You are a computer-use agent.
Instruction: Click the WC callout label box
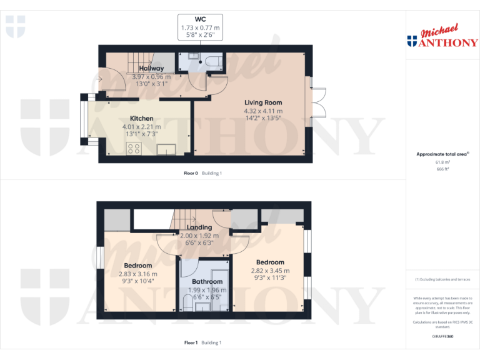(200, 28)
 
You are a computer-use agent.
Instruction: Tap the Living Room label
(263, 102)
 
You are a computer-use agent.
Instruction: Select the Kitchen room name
(141, 118)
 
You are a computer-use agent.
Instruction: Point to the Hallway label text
(151, 68)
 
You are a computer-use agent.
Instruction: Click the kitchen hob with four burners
(134, 148)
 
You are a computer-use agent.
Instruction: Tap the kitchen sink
(167, 148)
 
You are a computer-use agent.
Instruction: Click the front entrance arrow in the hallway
(100, 79)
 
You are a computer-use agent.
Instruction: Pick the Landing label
(199, 227)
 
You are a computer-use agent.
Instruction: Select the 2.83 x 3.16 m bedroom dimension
(138, 274)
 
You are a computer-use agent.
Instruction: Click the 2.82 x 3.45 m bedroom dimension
(270, 271)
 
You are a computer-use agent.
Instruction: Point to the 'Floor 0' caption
(191, 173)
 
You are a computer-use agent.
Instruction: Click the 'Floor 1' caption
(191, 342)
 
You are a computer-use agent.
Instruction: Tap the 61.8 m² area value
(443, 162)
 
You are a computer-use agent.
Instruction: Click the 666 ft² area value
(443, 169)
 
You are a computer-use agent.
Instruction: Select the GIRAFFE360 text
(442, 336)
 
